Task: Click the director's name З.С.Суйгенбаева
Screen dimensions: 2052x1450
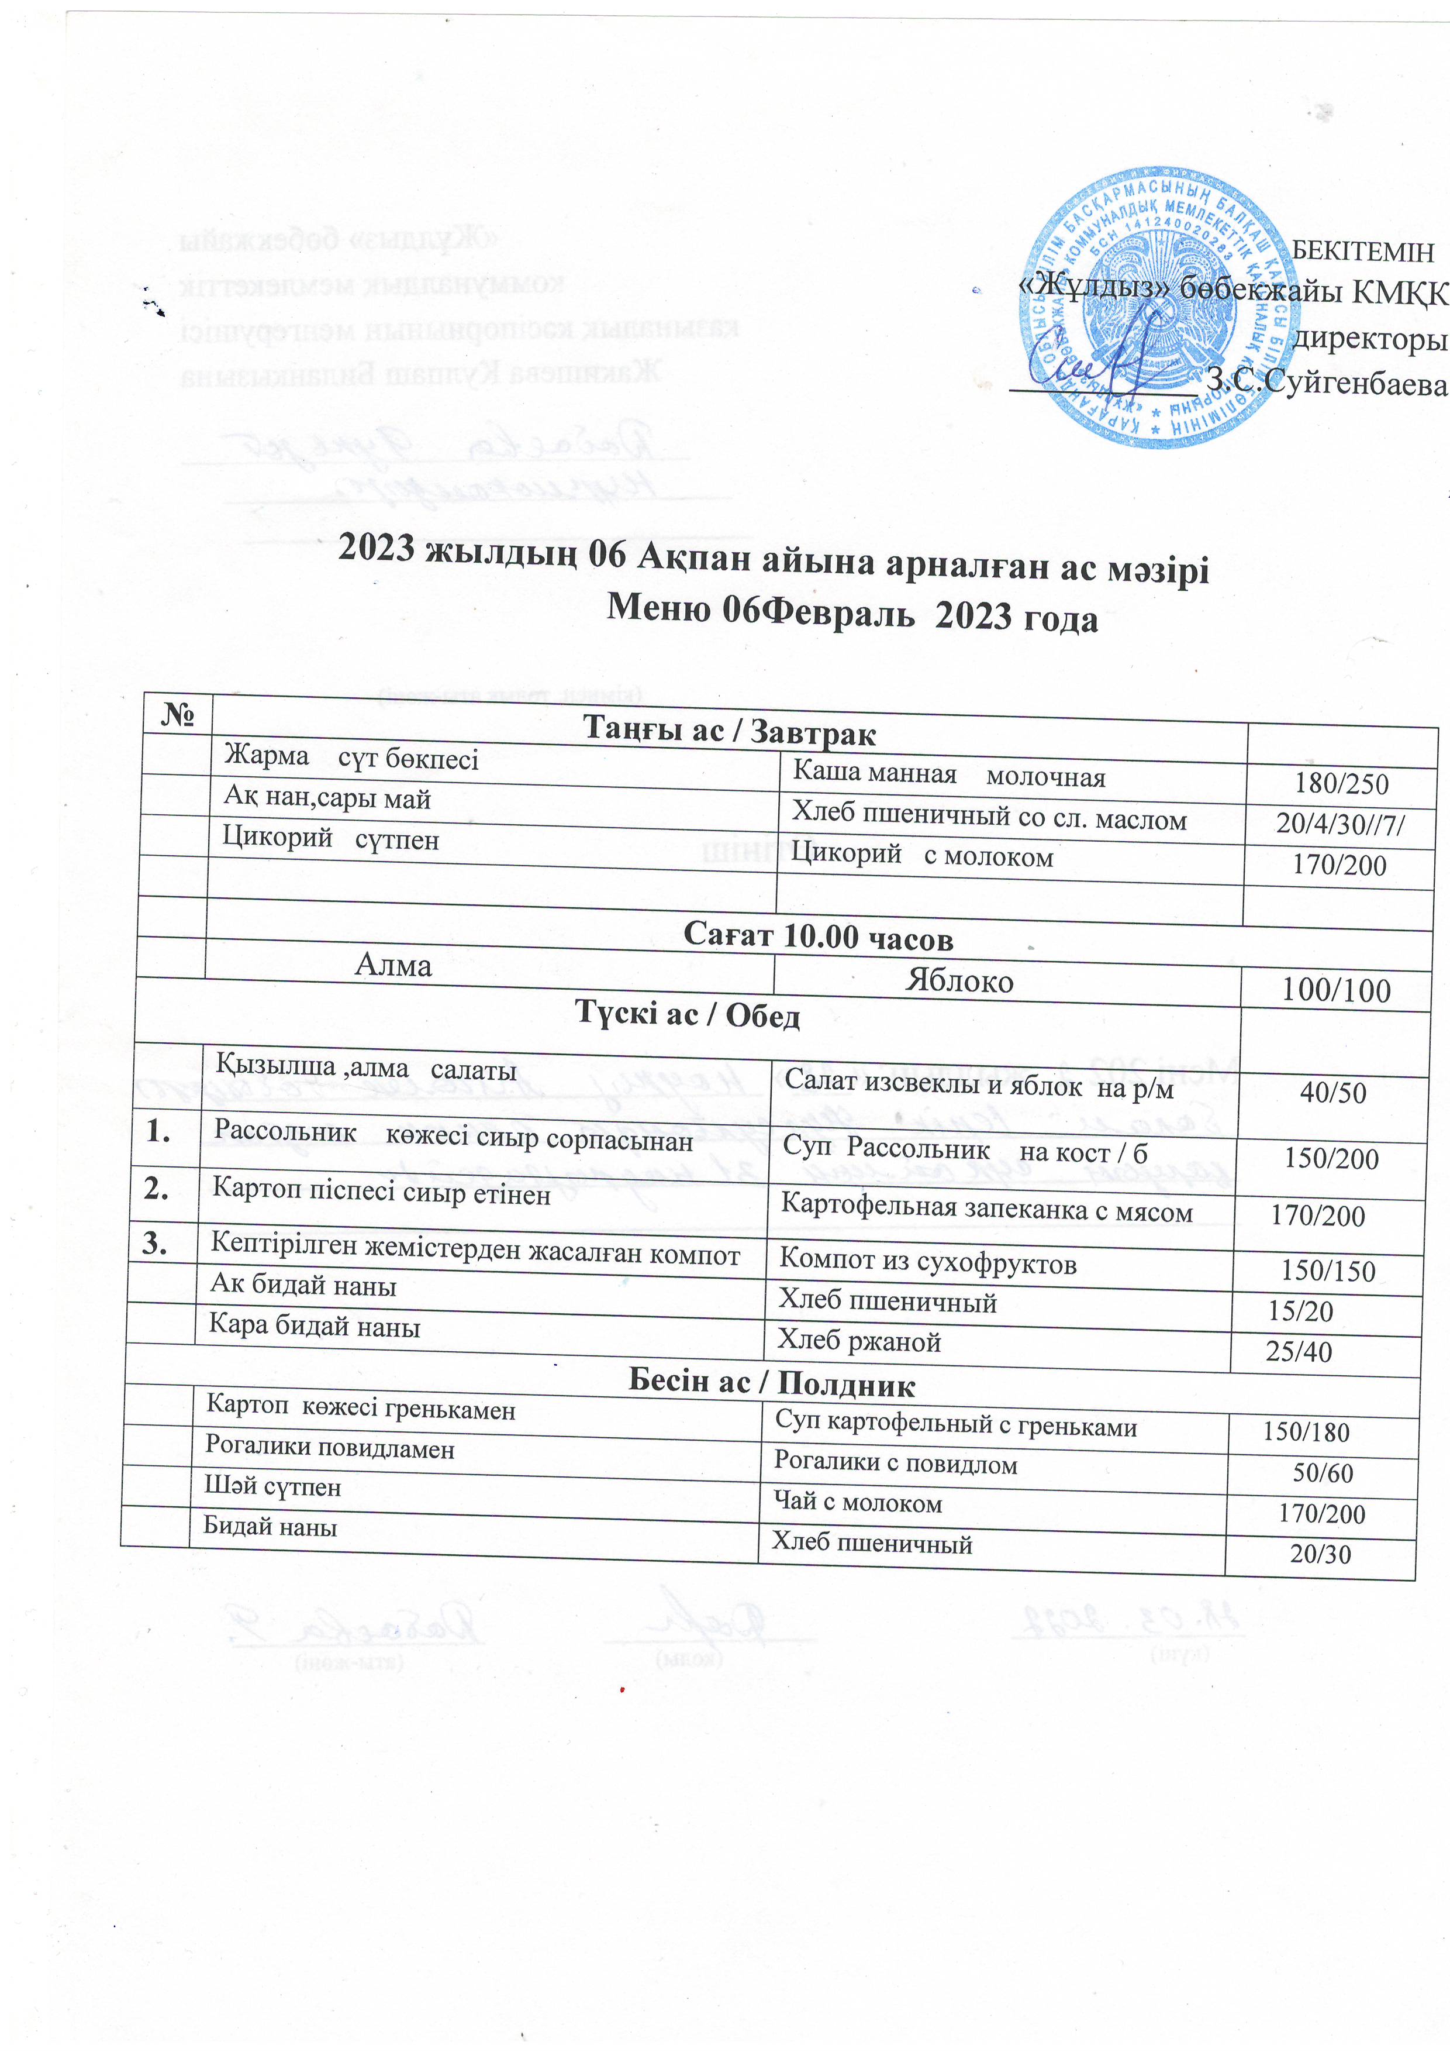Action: [x=1326, y=383]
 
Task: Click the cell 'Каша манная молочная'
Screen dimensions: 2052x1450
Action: [x=949, y=775]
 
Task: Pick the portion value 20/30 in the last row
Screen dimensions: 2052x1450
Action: [x=1320, y=1553]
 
